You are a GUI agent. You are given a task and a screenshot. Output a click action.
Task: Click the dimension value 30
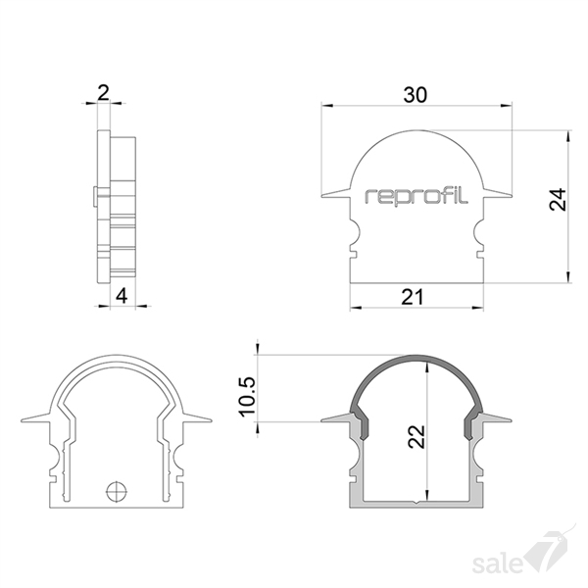[416, 95]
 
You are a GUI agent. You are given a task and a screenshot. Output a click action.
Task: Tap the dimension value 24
[558, 199]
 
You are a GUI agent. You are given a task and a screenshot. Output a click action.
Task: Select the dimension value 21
[413, 297]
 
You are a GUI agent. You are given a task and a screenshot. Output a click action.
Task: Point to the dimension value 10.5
[248, 397]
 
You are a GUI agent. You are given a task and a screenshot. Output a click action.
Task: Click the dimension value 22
[416, 436]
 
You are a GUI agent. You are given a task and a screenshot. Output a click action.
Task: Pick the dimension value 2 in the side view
[103, 93]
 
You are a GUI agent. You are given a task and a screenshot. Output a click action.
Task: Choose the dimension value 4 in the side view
[122, 296]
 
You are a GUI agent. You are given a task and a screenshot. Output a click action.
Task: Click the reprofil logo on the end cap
[416, 197]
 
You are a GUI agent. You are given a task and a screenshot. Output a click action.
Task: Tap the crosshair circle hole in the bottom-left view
[117, 491]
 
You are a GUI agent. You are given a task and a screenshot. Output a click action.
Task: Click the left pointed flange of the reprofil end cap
[335, 193]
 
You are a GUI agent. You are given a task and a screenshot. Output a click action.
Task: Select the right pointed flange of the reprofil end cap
[497, 193]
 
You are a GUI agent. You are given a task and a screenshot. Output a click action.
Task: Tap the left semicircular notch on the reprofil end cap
[356, 231]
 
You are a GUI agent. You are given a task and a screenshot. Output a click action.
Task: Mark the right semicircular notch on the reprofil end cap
[478, 231]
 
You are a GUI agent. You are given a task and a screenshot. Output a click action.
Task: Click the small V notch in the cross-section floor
[416, 502]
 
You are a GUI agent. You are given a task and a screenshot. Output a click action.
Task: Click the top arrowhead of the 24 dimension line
[568, 136]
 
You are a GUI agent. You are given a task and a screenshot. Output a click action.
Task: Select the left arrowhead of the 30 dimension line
[327, 106]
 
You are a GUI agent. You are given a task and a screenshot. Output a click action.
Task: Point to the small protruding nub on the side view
[95, 195]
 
